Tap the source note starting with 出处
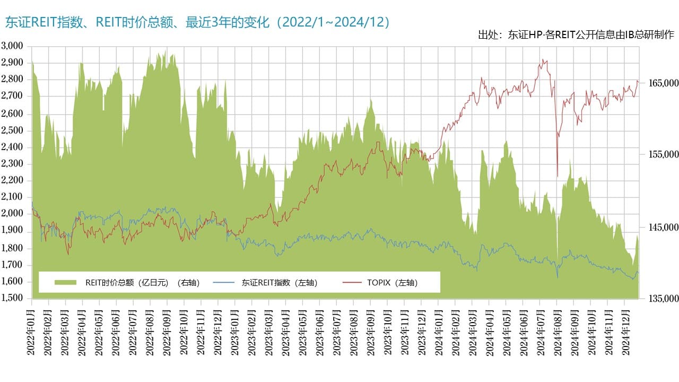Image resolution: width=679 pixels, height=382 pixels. pos(576,35)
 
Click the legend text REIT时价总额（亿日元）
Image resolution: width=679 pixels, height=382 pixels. pos(142,283)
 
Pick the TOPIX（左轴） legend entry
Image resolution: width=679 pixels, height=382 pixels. pos(392,283)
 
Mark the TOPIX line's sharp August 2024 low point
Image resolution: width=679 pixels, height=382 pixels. pos(558,176)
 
